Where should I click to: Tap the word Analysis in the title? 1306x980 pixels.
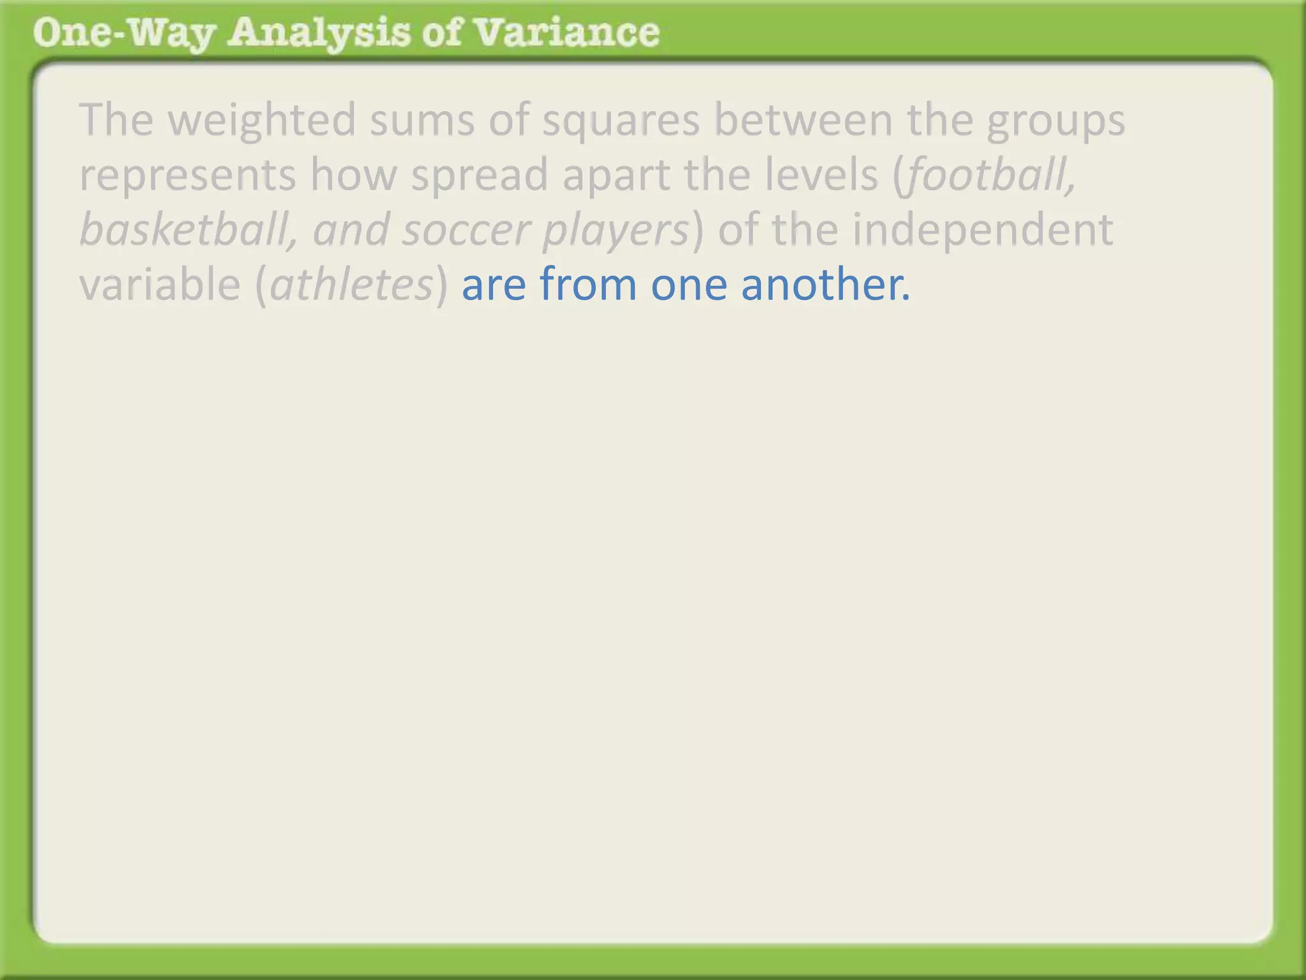(319, 33)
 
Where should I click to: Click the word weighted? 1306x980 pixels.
(262, 120)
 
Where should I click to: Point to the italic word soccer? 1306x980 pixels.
(466, 230)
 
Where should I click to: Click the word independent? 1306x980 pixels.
(983, 230)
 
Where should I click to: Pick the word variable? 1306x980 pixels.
(159, 284)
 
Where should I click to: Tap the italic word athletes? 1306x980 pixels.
(351, 284)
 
